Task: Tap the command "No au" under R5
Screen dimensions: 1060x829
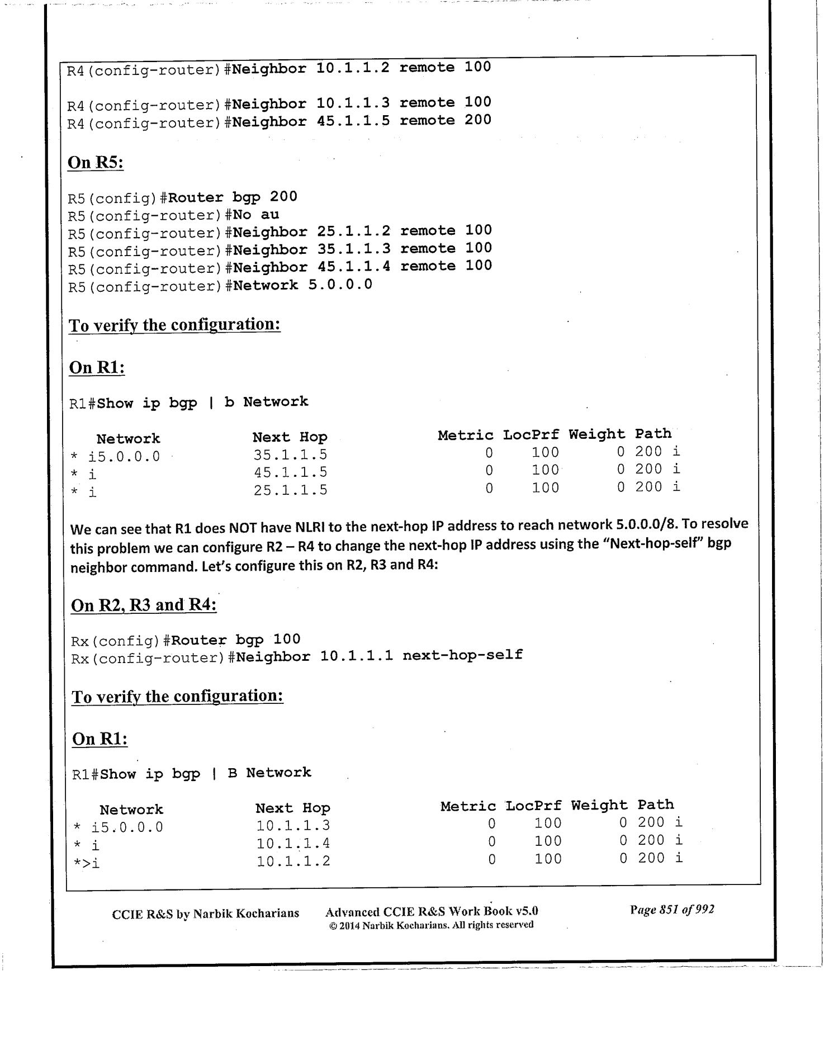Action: [256, 215]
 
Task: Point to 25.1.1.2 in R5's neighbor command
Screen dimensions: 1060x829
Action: [353, 230]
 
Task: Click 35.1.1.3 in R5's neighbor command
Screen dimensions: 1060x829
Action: [353, 248]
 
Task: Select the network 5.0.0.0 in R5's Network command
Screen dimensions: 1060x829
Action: [340, 285]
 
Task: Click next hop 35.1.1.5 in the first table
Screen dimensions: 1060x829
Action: [290, 455]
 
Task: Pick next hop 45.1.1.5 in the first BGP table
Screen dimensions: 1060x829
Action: [290, 472]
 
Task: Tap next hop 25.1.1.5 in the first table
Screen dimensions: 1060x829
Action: [290, 490]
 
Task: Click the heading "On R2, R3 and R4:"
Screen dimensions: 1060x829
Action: [144, 605]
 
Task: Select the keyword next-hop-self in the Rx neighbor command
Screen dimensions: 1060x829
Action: [462, 655]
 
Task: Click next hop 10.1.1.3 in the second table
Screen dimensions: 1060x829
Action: [293, 825]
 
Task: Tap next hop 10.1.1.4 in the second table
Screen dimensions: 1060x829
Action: [293, 843]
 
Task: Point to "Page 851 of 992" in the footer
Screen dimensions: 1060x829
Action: [671, 910]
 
